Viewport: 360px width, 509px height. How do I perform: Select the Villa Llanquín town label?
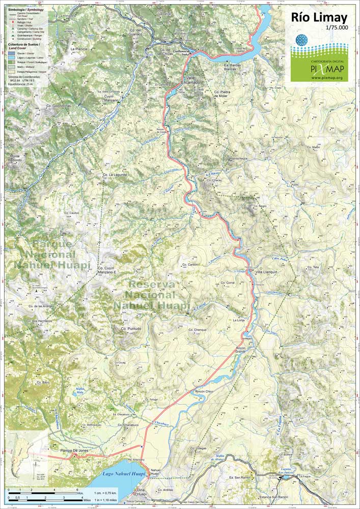coord(266,272)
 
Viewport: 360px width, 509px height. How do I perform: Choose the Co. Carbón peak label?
coord(189,265)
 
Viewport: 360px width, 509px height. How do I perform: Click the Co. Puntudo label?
coord(131,329)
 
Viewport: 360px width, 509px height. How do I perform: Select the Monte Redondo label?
coord(15,158)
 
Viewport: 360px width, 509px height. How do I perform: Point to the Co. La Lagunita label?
coord(115,175)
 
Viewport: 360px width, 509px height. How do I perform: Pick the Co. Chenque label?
coord(198,330)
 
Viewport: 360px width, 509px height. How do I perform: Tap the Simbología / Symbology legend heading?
coord(26,9)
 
